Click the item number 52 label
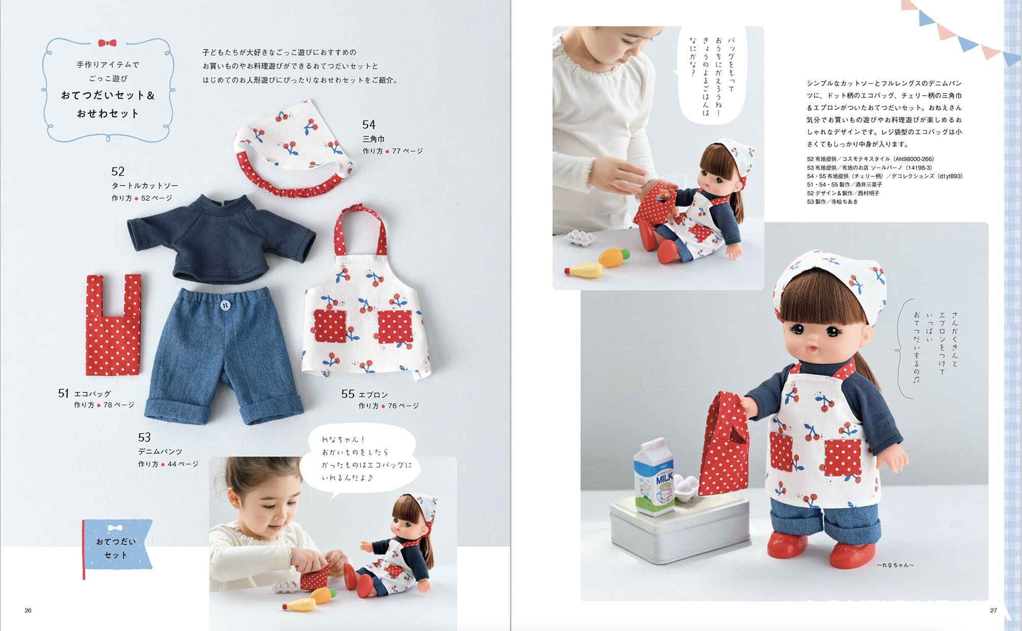[118, 171]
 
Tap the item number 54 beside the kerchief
[369, 125]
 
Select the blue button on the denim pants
[225, 305]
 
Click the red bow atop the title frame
[107, 43]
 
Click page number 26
[28, 610]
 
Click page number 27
[993, 610]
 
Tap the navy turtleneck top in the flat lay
[221, 238]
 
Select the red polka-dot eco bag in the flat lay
[113, 325]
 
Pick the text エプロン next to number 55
[373, 395]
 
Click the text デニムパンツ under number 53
[160, 452]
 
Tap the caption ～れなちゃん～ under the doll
[895, 565]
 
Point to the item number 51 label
[63, 393]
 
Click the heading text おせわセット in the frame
[108, 113]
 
